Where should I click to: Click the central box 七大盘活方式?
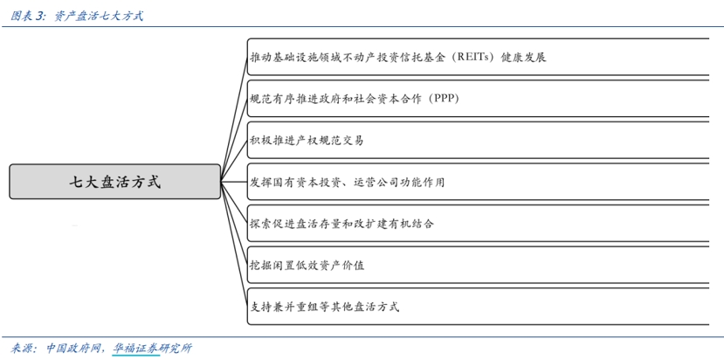coord(114,182)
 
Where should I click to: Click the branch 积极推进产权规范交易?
coord(307,140)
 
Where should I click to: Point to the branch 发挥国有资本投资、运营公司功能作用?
coord(347,182)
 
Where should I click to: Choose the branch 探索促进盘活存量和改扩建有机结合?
coord(341,224)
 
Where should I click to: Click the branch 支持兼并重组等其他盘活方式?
coord(324,307)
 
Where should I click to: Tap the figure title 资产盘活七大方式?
coord(99,15)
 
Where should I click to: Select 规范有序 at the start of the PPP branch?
coord(270,99)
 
